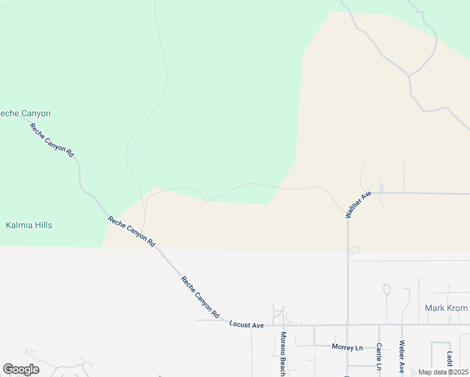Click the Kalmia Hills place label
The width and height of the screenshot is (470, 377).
[x=29, y=225]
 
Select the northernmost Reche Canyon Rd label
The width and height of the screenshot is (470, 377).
[x=52, y=140]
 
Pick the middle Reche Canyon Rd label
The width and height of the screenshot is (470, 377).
[x=131, y=231]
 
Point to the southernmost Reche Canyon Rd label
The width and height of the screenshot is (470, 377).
[x=200, y=297]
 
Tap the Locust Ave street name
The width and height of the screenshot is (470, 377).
[x=246, y=325]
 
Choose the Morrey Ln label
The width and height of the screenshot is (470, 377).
[x=347, y=347]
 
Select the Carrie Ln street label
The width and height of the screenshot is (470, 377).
[x=380, y=356]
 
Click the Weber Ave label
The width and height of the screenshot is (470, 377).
[x=401, y=356]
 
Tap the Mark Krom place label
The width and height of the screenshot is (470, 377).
[x=446, y=308]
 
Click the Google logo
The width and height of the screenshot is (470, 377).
[x=21, y=369]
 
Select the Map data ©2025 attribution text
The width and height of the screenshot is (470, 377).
[x=443, y=372]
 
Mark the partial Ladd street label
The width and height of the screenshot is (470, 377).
[x=449, y=363]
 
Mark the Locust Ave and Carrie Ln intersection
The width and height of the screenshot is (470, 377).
[x=380, y=325]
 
